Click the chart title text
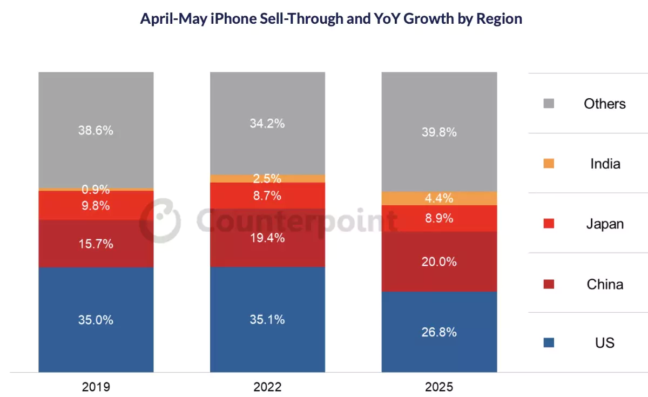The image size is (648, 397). (x=331, y=19)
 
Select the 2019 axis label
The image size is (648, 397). (x=96, y=387)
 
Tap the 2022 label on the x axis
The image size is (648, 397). (x=267, y=387)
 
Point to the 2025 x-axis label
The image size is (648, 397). (x=439, y=387)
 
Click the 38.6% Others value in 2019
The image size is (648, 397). (x=96, y=130)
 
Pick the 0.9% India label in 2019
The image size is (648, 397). (x=96, y=190)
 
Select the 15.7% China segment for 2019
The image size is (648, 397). (x=96, y=244)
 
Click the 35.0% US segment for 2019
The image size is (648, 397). (x=96, y=320)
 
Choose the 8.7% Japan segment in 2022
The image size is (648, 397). (x=267, y=196)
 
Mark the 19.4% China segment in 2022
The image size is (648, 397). (x=267, y=238)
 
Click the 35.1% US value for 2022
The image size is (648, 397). (x=267, y=320)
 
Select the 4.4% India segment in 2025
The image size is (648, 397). (x=439, y=198)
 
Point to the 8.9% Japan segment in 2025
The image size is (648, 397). (x=439, y=218)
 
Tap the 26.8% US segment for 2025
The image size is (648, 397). (x=439, y=332)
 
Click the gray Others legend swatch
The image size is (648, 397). (x=549, y=104)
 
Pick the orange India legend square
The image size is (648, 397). (x=549, y=164)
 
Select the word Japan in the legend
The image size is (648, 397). (x=605, y=224)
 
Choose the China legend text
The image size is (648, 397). (x=605, y=284)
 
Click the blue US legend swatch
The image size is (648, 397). (x=549, y=342)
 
